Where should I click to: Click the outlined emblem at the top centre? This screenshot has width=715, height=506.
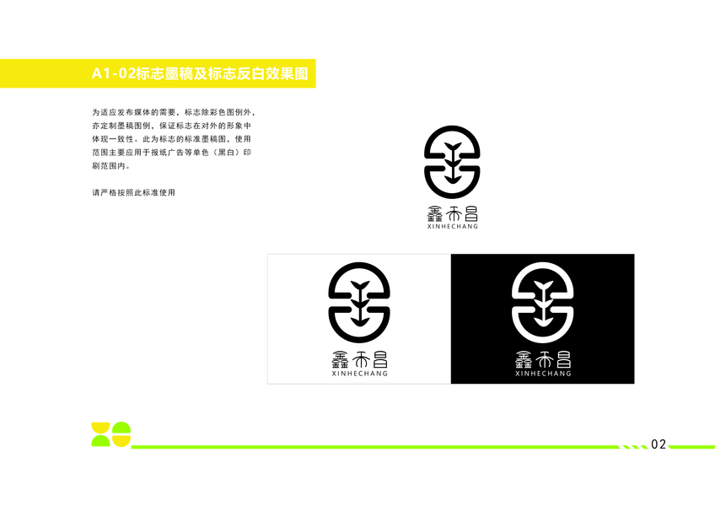[x=451, y=159]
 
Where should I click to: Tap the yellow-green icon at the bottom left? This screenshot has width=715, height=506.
[x=110, y=433]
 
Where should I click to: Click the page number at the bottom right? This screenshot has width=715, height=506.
[x=659, y=444]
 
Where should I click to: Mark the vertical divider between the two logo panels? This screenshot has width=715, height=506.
[x=450, y=319]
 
